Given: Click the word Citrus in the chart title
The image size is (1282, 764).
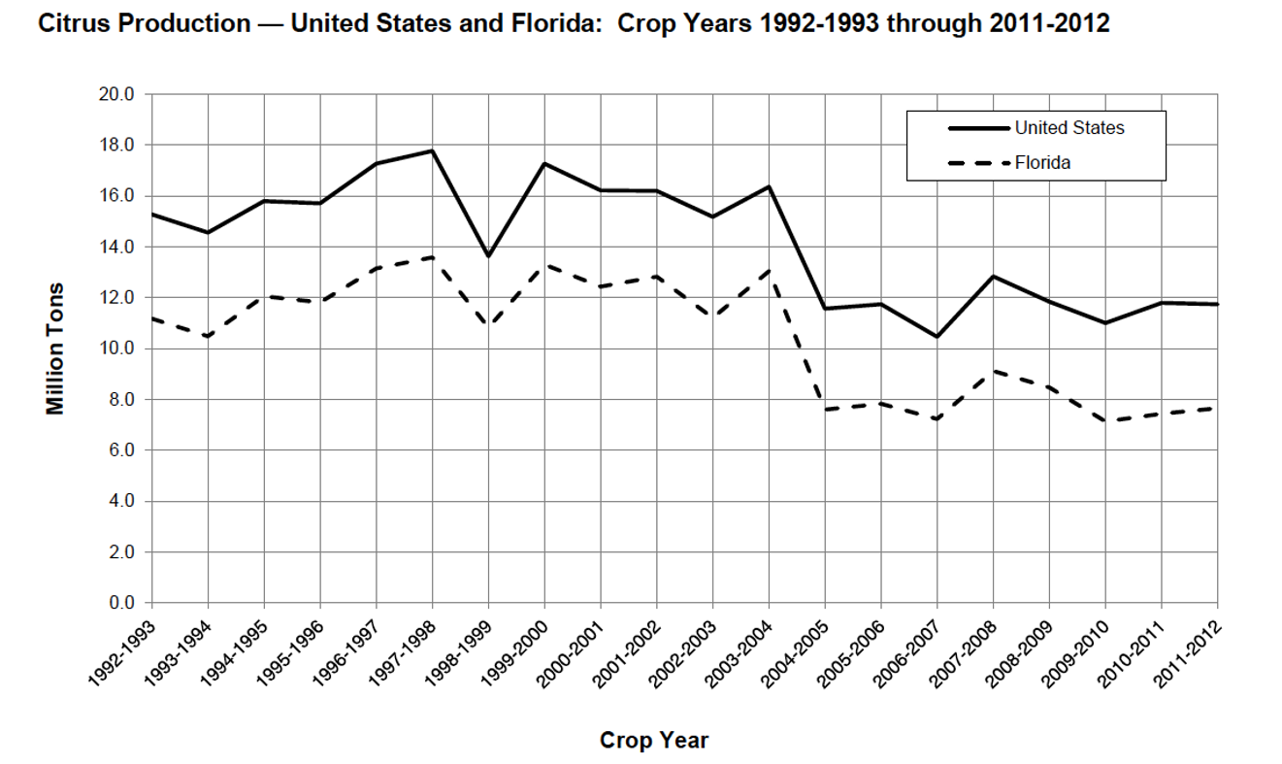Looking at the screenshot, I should [71, 24].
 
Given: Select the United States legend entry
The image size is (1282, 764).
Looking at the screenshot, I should [1068, 128].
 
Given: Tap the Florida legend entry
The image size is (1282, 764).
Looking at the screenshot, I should [1042, 163].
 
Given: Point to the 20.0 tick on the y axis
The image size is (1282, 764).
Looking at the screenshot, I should [118, 94].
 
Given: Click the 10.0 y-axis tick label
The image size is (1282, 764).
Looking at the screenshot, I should [118, 349].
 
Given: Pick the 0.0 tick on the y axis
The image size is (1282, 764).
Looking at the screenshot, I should [122, 603].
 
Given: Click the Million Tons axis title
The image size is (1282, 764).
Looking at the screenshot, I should [56, 349].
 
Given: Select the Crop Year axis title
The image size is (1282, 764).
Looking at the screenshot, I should [654, 741].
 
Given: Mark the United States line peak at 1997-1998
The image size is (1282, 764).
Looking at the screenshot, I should [432, 150].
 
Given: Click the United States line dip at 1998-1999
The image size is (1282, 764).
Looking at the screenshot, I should [488, 256].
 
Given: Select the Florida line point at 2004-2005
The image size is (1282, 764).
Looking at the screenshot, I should [825, 410].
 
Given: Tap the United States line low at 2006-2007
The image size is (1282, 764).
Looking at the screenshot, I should [937, 337].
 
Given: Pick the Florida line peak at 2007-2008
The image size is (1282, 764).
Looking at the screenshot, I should [993, 371].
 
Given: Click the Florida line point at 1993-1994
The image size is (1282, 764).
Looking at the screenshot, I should [207, 336].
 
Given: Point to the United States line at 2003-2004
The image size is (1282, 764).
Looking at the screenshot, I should [769, 186].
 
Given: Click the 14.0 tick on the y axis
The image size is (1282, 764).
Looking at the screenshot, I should [118, 247].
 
